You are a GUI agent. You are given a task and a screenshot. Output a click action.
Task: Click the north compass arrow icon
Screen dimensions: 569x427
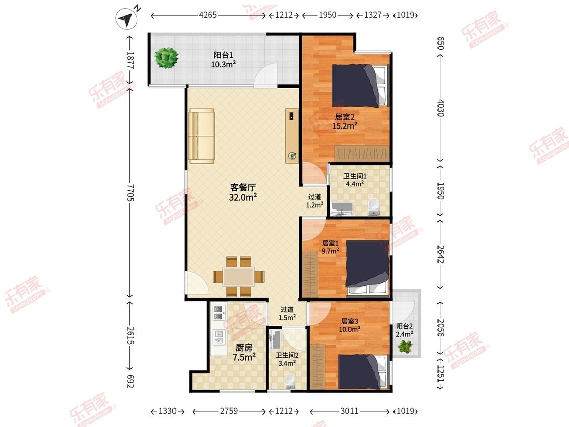pyautogui.click(x=126, y=19)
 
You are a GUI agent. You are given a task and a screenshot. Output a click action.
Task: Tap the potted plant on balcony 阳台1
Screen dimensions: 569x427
pyautogui.click(x=166, y=58)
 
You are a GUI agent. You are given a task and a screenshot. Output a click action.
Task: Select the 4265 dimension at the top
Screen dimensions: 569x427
pyautogui.click(x=208, y=15)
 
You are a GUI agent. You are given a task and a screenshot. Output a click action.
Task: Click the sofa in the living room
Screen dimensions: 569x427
pyautogui.click(x=201, y=136)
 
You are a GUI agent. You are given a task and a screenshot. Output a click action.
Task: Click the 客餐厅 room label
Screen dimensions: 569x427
pyautogui.click(x=243, y=187)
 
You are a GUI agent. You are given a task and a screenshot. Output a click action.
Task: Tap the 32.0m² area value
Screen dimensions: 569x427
pyautogui.click(x=243, y=197)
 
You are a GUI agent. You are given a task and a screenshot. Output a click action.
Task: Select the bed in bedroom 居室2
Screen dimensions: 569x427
pyautogui.click(x=361, y=86)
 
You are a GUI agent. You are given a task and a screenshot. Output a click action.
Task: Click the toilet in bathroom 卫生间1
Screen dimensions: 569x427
pyautogui.click(x=373, y=206)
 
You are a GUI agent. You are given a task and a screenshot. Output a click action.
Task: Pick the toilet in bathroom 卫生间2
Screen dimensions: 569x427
pyautogui.click(x=290, y=382)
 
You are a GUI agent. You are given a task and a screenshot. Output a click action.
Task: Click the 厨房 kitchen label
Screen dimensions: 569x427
pyautogui.click(x=244, y=348)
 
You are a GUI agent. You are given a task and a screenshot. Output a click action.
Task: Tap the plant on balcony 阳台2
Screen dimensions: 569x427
pyautogui.click(x=405, y=347)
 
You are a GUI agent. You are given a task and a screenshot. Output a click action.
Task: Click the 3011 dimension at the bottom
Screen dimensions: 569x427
pyautogui.click(x=349, y=411)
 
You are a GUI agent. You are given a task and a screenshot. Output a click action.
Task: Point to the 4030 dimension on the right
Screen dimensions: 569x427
pyautogui.click(x=440, y=108)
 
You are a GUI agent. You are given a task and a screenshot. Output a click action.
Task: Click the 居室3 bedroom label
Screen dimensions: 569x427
pyautogui.click(x=349, y=321)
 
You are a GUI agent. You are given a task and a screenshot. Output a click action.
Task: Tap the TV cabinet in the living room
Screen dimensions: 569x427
pyautogui.click(x=292, y=136)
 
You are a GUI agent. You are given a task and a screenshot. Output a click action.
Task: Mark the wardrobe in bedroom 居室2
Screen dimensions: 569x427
pyautogui.click(x=362, y=154)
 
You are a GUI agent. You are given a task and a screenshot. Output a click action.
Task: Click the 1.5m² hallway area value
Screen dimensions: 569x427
pyautogui.click(x=287, y=318)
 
